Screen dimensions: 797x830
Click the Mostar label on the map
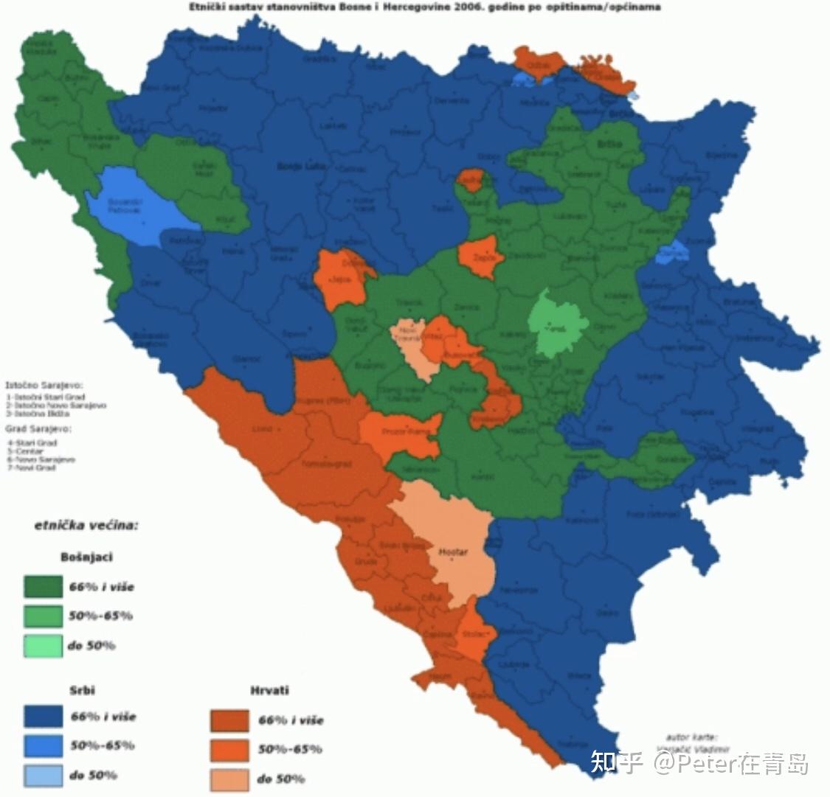[x=453, y=551]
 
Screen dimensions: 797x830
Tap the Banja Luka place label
[x=296, y=166]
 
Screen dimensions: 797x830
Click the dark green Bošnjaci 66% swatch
[x=43, y=587]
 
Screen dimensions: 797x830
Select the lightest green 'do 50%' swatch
[x=43, y=646]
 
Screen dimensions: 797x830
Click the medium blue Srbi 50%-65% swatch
[x=43, y=746]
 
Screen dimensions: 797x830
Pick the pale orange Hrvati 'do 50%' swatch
[x=229, y=779]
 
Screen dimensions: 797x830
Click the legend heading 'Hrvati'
[x=269, y=691]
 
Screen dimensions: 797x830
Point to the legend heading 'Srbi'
[x=82, y=691]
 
